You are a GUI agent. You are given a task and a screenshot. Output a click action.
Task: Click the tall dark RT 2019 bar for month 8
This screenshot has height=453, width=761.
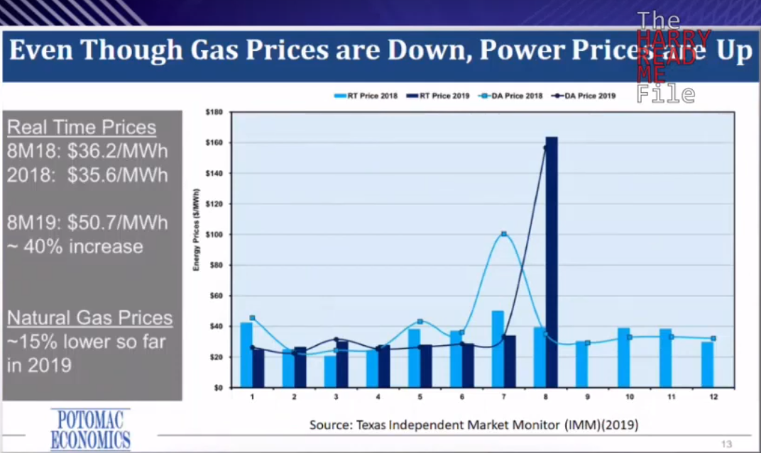(552, 262)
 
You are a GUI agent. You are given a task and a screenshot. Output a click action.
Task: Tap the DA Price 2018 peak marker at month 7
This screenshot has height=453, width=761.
(503, 234)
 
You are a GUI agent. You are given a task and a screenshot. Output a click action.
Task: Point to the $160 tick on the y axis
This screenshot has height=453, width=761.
(214, 142)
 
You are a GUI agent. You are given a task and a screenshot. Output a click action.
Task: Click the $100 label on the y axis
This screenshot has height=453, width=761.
(214, 235)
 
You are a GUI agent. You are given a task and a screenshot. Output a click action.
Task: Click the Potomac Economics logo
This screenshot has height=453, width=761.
(90, 428)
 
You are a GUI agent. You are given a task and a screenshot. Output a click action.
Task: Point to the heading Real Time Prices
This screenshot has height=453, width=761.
(82, 128)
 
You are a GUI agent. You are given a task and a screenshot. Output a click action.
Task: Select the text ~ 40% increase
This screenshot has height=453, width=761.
(75, 246)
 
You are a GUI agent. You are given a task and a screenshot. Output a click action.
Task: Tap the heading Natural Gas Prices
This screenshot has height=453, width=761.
(89, 318)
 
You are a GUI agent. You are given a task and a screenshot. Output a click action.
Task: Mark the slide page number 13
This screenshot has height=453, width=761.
(726, 444)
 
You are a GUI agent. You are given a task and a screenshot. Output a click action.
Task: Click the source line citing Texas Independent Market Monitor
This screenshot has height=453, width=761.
(473, 425)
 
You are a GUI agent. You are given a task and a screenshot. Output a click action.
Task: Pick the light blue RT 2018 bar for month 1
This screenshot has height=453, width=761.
(246, 354)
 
